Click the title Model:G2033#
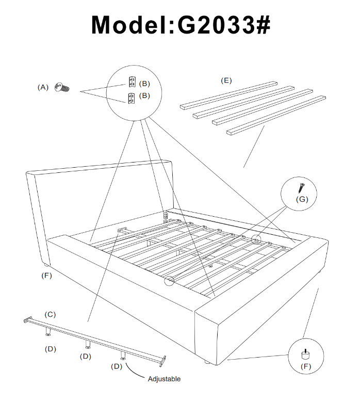(180, 25)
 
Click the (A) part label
(43, 88)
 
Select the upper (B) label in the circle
(144, 83)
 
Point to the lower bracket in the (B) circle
(131, 98)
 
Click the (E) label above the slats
(226, 80)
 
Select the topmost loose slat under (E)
(228, 94)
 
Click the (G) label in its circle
(302, 199)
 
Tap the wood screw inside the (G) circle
(301, 186)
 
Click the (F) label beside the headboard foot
(47, 276)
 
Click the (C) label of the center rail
(50, 314)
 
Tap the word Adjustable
(164, 379)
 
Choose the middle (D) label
(86, 356)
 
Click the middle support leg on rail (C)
(87, 343)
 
